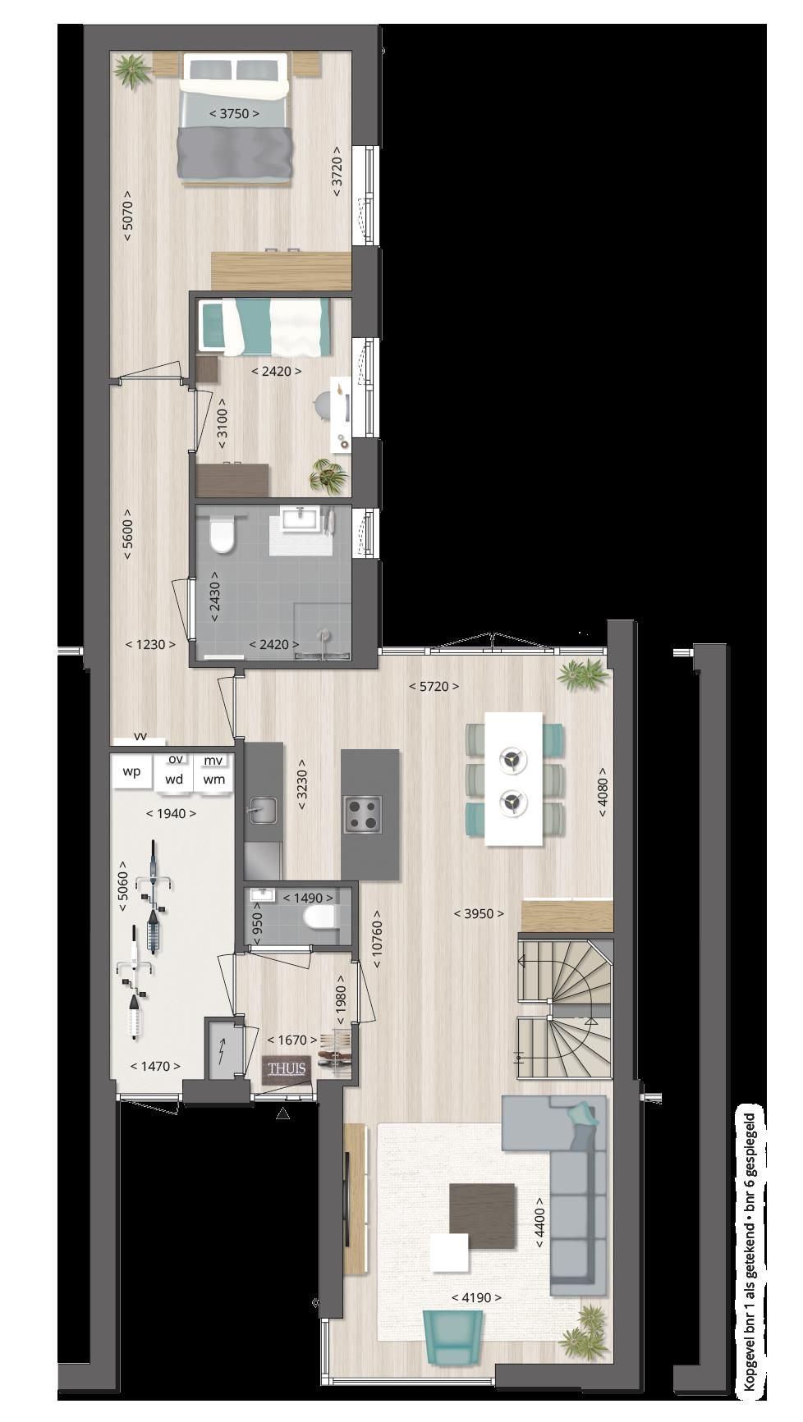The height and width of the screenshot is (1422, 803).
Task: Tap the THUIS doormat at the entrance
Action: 285,1068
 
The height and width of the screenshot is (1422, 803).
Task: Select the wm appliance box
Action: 214,779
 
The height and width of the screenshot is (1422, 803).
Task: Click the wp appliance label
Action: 131,772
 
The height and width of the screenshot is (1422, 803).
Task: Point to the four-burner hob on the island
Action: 364,814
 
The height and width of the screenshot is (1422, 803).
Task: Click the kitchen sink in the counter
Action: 261,812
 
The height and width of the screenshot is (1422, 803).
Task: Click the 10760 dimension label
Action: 377,938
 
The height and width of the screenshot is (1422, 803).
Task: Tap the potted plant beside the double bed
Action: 132,71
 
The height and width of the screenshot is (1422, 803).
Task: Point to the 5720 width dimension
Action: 434,686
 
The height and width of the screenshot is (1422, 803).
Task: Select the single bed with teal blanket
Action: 267,326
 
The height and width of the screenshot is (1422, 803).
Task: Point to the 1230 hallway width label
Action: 150,644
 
